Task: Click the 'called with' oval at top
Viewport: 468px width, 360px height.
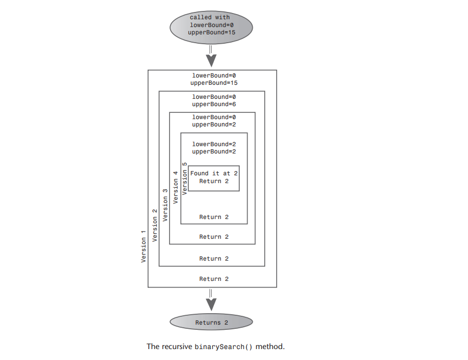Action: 211,25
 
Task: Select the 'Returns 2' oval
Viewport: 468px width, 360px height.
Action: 211,323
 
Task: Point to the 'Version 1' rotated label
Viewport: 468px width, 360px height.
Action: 144,246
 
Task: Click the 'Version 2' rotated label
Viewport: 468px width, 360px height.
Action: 154,225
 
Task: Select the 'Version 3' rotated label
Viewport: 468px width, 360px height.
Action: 165,206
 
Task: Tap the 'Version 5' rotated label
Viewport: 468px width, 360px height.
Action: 185,179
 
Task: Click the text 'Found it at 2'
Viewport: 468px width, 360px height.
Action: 214,173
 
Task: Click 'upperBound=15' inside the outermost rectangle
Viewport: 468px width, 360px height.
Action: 214,83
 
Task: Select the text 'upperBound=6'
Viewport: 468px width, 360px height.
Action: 214,104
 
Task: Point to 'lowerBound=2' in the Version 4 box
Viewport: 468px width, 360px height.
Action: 214,144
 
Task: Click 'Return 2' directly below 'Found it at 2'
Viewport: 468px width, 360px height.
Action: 214,181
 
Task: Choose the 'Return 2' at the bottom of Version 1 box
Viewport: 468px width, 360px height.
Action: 214,279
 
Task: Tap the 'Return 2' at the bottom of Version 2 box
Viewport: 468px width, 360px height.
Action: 214,259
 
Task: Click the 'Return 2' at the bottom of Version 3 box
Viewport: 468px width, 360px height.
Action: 214,237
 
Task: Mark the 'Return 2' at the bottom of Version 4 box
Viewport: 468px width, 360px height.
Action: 214,217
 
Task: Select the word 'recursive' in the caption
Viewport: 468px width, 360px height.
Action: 176,346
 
